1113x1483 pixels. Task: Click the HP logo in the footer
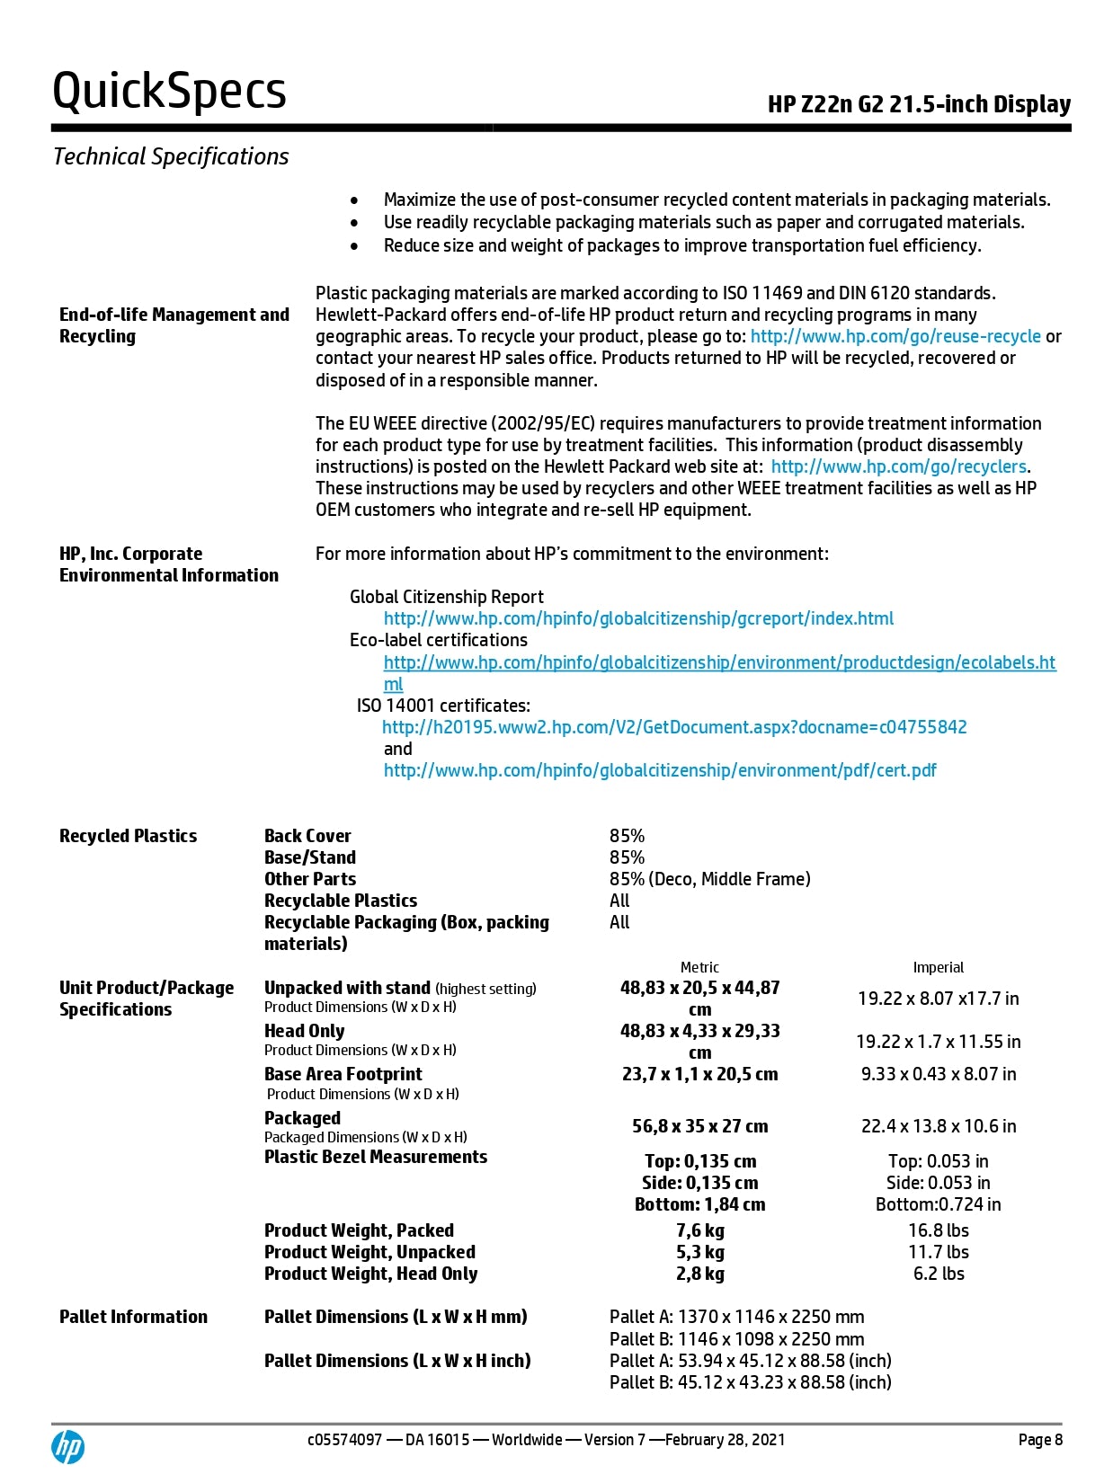[67, 1446]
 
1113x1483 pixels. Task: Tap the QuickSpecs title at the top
[169, 92]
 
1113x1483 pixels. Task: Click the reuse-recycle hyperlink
[895, 336]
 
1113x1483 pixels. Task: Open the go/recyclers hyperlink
[899, 466]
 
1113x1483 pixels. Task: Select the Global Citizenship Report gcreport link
[638, 618]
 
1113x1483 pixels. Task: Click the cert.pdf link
[660, 770]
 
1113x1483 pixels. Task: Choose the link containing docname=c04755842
[674, 727]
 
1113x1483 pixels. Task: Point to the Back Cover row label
[307, 836]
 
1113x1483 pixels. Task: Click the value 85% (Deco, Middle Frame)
[709, 879]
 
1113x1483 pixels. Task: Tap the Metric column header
[699, 967]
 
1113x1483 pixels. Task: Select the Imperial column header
[938, 967]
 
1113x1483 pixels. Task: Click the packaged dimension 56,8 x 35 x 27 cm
[699, 1126]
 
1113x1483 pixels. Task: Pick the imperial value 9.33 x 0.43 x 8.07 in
[939, 1074]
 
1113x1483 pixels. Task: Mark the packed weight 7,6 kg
[700, 1230]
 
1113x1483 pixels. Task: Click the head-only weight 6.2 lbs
[939, 1274]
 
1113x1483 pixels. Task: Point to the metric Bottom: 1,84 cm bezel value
[699, 1204]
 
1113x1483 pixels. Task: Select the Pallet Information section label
[133, 1317]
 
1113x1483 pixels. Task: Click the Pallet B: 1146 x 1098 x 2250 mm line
[736, 1339]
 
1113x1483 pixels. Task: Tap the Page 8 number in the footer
[1040, 1440]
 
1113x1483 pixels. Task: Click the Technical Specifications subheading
[171, 156]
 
